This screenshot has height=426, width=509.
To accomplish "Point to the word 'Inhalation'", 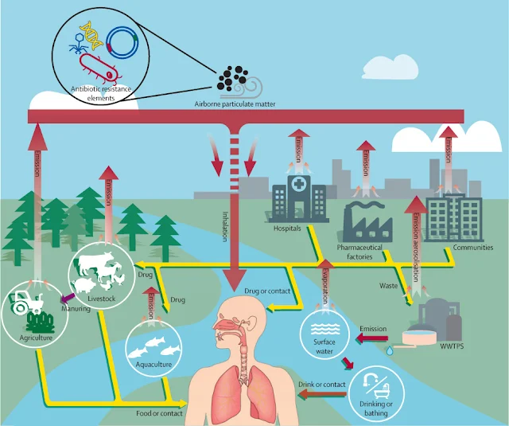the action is [224, 225].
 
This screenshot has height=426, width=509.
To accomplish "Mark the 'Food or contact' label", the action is [159, 414].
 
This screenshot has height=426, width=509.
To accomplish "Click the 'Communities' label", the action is [473, 248].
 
